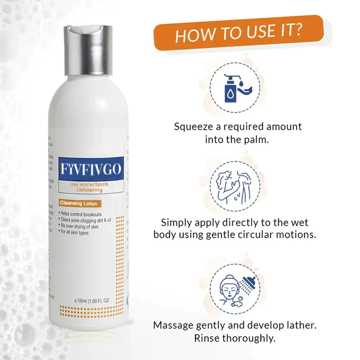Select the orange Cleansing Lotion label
[x=79, y=204]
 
